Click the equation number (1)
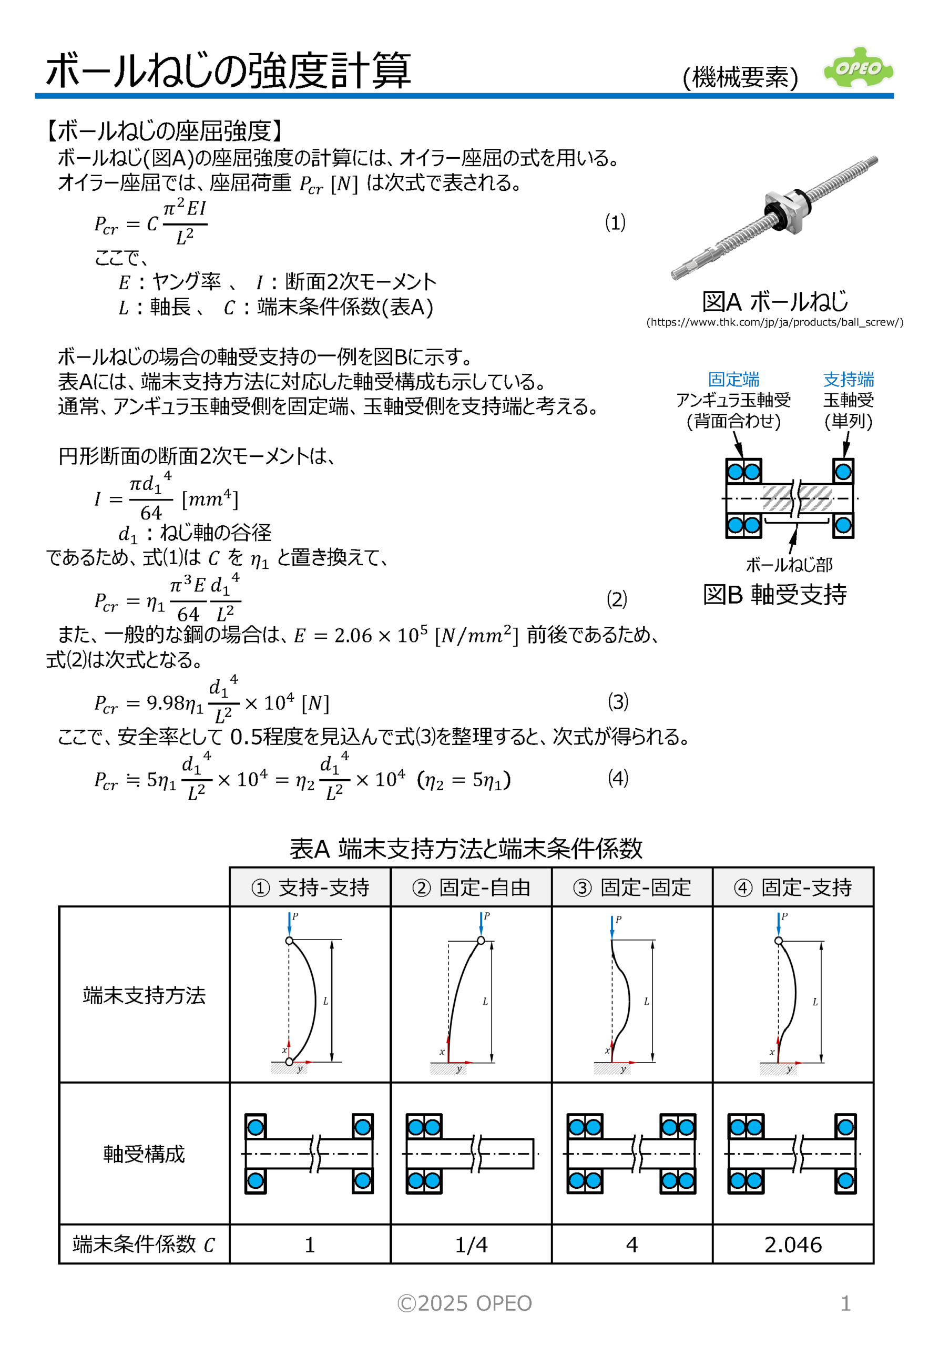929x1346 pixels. click(615, 222)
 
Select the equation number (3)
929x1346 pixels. click(618, 701)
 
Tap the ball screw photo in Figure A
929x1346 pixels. click(774, 218)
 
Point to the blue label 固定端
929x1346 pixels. click(733, 380)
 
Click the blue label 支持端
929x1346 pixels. click(848, 380)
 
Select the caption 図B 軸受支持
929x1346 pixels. click(774, 595)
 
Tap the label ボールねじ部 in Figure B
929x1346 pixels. click(789, 564)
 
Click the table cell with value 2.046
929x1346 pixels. click(793, 1245)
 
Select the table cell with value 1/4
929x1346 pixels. click(471, 1245)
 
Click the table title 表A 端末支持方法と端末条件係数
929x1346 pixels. click(466, 848)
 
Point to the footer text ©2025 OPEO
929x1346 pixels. click(465, 1303)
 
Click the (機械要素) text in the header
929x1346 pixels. click(740, 77)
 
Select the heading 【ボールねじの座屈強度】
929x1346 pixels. click(164, 131)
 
